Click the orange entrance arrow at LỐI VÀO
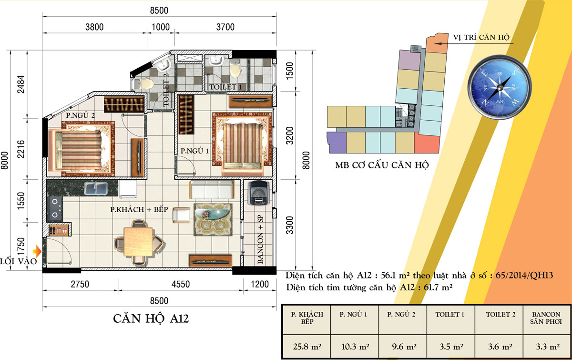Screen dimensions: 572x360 pyautogui.click(x=38, y=251)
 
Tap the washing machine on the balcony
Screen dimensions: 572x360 pyautogui.click(x=258, y=193)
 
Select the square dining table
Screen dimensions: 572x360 pyautogui.click(x=139, y=242)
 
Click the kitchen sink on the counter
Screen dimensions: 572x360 pyautogui.click(x=95, y=188)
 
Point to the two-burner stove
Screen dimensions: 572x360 pyautogui.click(x=55, y=208)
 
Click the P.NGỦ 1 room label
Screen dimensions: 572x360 pyautogui.click(x=194, y=151)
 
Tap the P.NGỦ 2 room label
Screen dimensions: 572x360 pyautogui.click(x=80, y=115)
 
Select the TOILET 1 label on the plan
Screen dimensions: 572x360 pyautogui.click(x=225, y=87)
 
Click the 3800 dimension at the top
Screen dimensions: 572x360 pyautogui.click(x=94, y=27)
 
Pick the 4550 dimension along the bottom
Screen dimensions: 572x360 pyautogui.click(x=181, y=284)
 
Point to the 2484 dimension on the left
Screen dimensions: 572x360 pyautogui.click(x=21, y=84)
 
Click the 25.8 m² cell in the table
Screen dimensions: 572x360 pyautogui.click(x=307, y=347)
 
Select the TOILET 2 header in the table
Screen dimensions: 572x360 pyautogui.click(x=500, y=315)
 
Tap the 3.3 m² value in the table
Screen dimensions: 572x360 pyautogui.click(x=548, y=347)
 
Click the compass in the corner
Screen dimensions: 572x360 pyautogui.click(x=500, y=87)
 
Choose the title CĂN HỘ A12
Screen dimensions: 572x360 pyautogui.click(x=151, y=319)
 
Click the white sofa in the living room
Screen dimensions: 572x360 pyautogui.click(x=212, y=190)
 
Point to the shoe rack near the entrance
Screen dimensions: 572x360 pyautogui.click(x=59, y=230)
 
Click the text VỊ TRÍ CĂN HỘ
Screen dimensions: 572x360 pyautogui.click(x=481, y=37)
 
